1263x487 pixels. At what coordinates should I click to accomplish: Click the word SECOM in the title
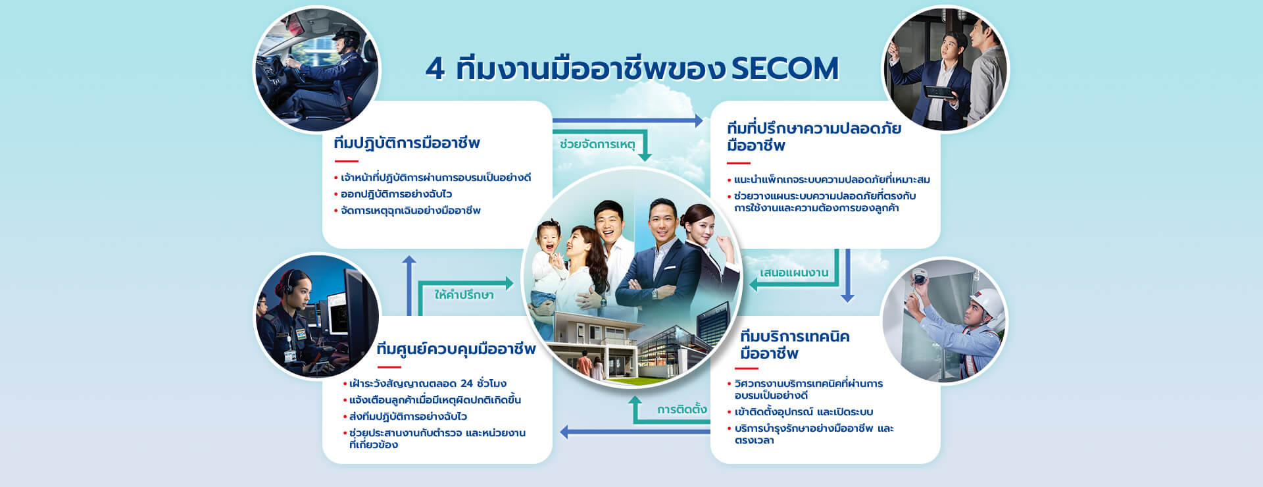(785, 68)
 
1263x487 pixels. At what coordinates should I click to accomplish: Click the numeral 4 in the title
(435, 68)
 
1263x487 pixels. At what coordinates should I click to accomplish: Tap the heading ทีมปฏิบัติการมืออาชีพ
(407, 143)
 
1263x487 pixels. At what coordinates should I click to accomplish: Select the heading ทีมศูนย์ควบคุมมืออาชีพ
(456, 349)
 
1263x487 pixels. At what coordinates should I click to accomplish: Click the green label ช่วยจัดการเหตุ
(597, 144)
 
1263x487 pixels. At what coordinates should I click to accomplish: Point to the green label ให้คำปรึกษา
(464, 294)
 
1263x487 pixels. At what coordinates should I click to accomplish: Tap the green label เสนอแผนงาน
(794, 272)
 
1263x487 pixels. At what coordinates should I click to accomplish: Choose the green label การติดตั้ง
(681, 409)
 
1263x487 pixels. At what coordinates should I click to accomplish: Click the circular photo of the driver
(317, 68)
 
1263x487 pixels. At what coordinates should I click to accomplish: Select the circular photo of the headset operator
(317, 316)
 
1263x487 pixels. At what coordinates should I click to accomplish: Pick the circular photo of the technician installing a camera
(944, 320)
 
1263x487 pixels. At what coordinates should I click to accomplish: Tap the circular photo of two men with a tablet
(945, 68)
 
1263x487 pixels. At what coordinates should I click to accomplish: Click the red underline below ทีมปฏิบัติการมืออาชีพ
(346, 161)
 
